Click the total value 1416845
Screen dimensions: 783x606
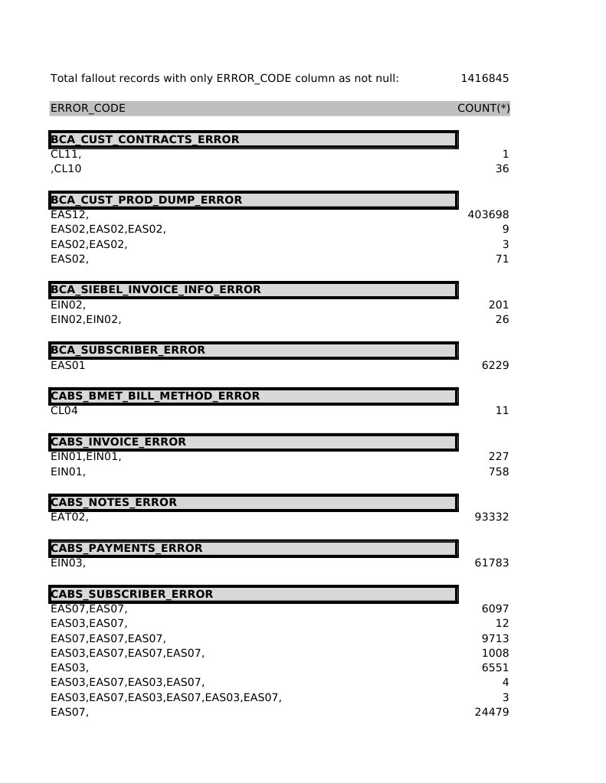pyautogui.click(x=484, y=78)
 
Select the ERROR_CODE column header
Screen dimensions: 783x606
pyautogui.click(x=88, y=109)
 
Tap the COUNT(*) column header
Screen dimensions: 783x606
pyautogui.click(x=483, y=109)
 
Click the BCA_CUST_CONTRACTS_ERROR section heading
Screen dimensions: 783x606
pyautogui.click(x=145, y=139)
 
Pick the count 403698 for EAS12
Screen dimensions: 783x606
pyautogui.click(x=488, y=215)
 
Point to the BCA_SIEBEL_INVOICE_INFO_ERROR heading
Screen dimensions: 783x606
pyautogui.click(x=156, y=289)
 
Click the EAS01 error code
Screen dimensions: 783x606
pyautogui.click(x=68, y=365)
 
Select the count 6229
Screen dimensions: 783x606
pyautogui.click(x=495, y=365)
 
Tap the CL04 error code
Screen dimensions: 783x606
pyautogui.click(x=64, y=410)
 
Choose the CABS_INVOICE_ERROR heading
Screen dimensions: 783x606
pyautogui.click(x=118, y=442)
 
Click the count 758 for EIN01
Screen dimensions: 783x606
pyautogui.click(x=499, y=471)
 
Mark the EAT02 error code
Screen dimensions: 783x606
pyautogui.click(x=70, y=517)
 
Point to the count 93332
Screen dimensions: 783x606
pyautogui.click(x=492, y=517)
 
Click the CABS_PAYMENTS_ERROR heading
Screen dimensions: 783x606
pyautogui.click(x=126, y=548)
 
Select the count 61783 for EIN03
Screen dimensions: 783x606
pyautogui.click(x=492, y=563)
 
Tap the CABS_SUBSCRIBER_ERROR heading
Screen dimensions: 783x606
pyautogui.click(x=132, y=594)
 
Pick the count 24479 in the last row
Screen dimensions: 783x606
pyautogui.click(x=492, y=713)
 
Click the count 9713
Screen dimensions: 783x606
pyautogui.click(x=495, y=638)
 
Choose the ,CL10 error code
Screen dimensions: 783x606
pyautogui.click(x=66, y=168)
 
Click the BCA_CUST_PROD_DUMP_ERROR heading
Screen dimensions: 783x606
pyautogui.click(x=146, y=200)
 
